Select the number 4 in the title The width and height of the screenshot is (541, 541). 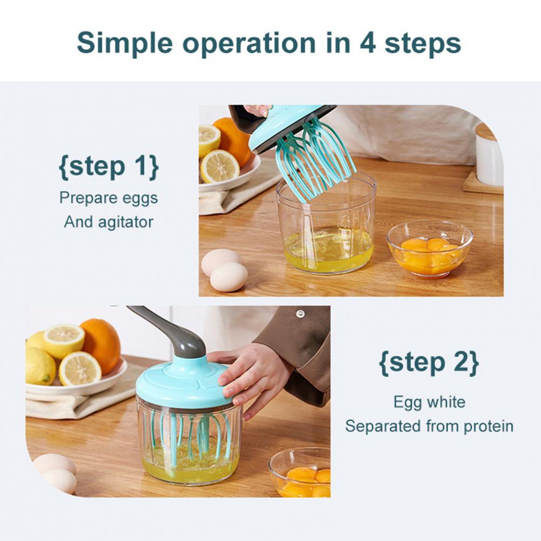[368, 43]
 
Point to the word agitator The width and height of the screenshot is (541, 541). [125, 222]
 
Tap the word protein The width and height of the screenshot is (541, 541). [489, 426]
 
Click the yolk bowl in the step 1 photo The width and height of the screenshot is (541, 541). [430, 249]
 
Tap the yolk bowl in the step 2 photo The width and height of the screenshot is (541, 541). [299, 472]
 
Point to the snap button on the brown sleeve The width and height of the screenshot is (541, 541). [300, 313]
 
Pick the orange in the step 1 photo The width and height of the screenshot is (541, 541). [233, 140]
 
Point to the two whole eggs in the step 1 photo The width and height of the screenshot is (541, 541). [225, 270]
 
